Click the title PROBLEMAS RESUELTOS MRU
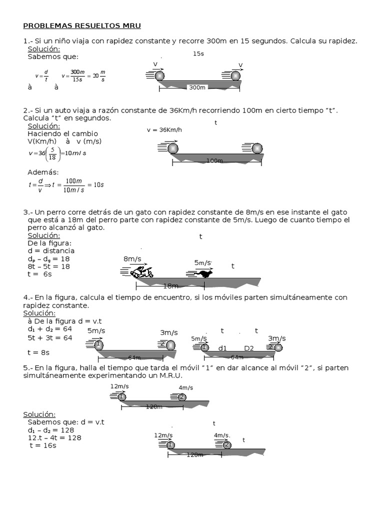82,25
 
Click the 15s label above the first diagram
198,53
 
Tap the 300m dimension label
197,87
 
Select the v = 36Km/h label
164,130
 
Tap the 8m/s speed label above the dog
132,259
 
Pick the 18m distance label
171,285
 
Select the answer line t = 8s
38,352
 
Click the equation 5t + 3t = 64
50,337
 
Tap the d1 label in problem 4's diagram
223,347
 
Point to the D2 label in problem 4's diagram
249,347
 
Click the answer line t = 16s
43,445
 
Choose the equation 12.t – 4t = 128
54,437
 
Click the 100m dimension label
214,160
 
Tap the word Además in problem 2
43,172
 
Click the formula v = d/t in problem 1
41,76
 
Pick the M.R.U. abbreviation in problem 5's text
168,375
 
